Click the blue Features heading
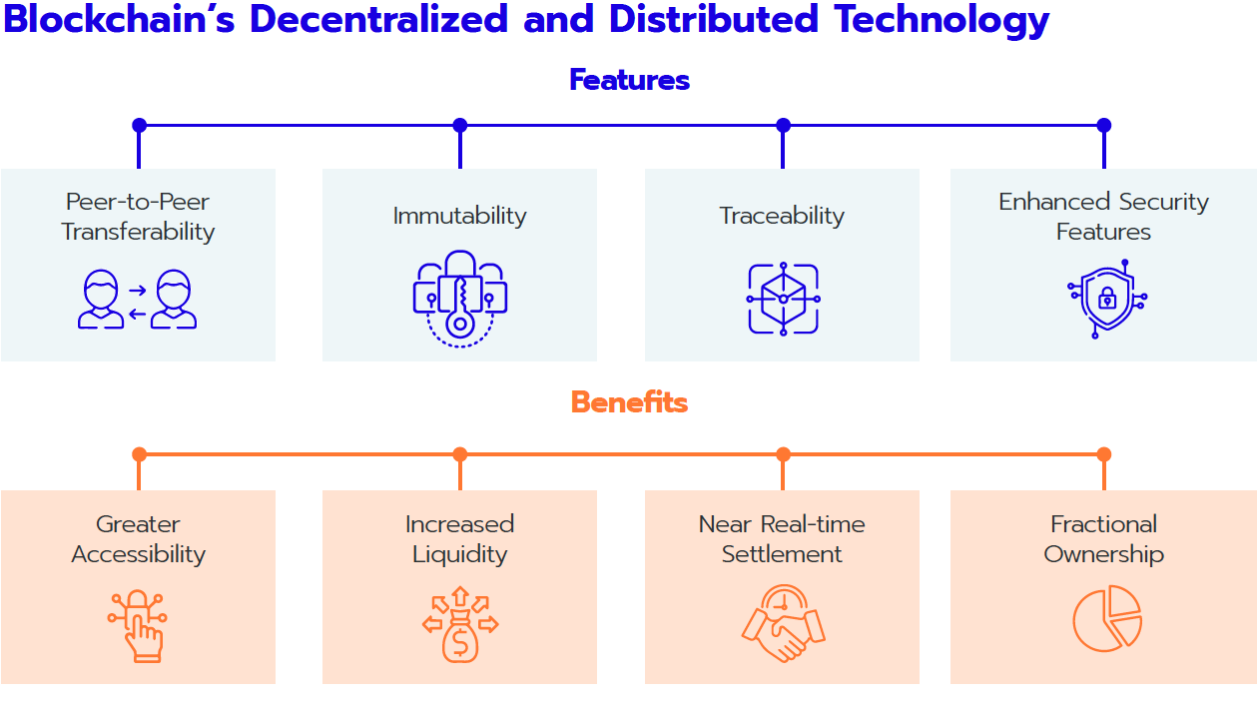(x=629, y=80)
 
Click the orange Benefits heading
(x=629, y=402)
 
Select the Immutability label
(x=459, y=216)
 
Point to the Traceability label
(x=782, y=216)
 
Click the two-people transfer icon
(x=138, y=300)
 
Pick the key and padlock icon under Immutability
(x=459, y=298)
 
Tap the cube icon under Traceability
(x=783, y=299)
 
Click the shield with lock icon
(x=1106, y=299)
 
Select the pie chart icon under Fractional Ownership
(x=1106, y=618)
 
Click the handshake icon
(x=783, y=623)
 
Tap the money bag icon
(x=459, y=624)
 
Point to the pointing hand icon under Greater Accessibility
(x=139, y=625)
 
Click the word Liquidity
(x=459, y=554)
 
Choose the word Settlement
(x=782, y=554)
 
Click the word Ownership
(x=1103, y=554)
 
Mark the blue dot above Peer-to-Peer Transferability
(x=139, y=126)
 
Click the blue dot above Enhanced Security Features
(x=1103, y=126)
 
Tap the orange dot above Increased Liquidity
(x=459, y=454)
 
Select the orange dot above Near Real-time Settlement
(x=783, y=454)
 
